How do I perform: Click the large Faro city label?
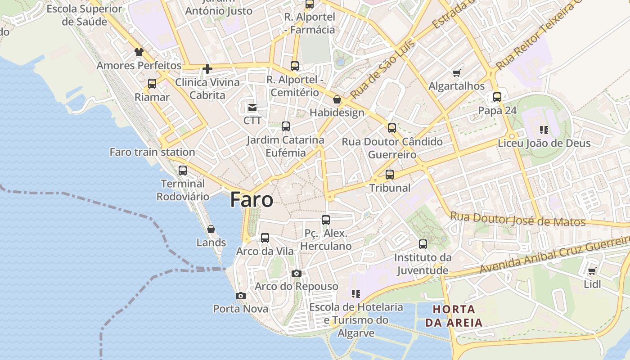252,200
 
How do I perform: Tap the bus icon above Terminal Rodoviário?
183,171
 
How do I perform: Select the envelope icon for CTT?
252,108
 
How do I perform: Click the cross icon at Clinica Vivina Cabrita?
207,69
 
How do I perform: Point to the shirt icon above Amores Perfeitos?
139,52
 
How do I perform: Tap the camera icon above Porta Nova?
241,296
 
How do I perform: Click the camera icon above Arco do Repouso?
296,273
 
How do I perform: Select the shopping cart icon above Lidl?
592,271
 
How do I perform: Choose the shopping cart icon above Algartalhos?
457,73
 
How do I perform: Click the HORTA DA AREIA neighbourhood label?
454,316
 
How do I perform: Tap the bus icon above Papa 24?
497,97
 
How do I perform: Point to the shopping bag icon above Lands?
211,229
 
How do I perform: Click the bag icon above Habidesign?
337,99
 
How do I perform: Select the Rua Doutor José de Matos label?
518,220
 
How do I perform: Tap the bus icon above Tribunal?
390,175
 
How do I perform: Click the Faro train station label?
152,152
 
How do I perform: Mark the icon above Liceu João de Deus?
544,130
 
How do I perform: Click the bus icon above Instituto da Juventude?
423,244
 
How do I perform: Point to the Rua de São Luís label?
383,70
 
